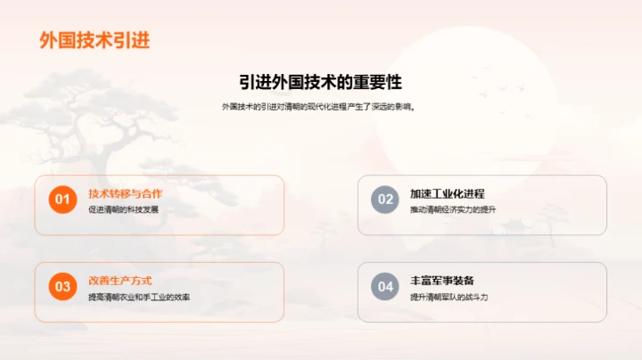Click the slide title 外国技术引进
point(95,40)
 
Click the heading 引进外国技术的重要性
point(320,82)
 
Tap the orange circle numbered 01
point(62,200)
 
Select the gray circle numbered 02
point(384,200)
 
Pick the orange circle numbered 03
point(62,287)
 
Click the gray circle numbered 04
point(384,287)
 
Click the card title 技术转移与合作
point(125,193)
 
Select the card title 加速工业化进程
point(447,193)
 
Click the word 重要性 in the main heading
point(378,82)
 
